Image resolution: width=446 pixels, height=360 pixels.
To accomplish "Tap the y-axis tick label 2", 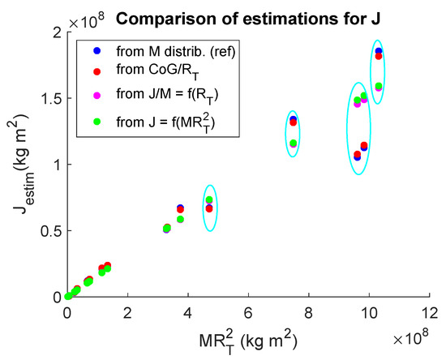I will (x=54, y=32).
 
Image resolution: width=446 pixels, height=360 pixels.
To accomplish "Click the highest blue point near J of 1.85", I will (x=379, y=52).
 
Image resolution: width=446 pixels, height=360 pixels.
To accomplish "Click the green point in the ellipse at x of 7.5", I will (x=294, y=144).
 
